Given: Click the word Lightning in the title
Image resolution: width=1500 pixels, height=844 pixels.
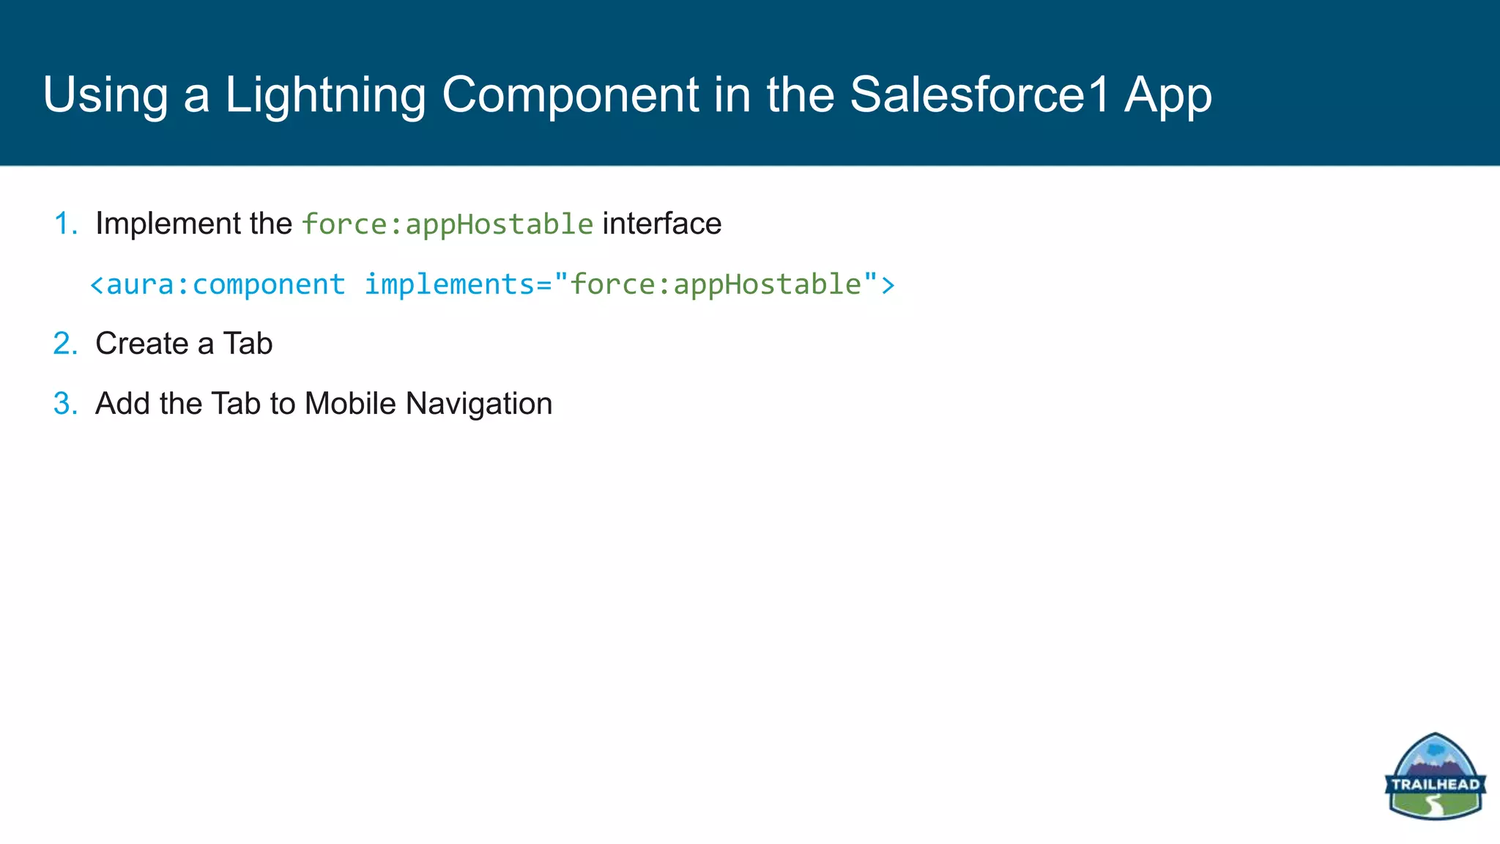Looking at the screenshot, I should point(324,95).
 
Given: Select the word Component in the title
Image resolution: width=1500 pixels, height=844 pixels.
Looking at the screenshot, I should point(571,95).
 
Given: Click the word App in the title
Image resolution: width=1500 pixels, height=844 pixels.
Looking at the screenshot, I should point(1168,95).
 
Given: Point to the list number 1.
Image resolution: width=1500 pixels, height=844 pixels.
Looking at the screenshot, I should point(65,223).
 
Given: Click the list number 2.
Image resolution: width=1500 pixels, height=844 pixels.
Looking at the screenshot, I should point(65,344).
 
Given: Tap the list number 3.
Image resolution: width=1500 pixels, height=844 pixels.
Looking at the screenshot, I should point(65,404).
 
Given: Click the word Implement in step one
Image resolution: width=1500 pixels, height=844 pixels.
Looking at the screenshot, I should point(167,223).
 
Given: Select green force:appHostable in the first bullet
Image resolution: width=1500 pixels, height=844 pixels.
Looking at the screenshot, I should point(448,224).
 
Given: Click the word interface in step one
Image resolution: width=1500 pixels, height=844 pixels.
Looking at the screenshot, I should point(661,223).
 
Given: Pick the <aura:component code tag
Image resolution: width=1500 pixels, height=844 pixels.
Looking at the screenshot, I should point(218,284).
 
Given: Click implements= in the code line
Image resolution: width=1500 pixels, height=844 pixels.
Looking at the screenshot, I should point(458,284).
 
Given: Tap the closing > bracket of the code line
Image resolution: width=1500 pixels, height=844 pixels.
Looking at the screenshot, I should point(888,284).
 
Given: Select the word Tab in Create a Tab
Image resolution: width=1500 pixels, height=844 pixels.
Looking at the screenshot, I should point(248,344).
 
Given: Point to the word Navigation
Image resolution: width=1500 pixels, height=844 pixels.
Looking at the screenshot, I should point(479,404).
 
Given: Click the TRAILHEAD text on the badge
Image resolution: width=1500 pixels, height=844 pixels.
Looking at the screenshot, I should point(1435,785).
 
